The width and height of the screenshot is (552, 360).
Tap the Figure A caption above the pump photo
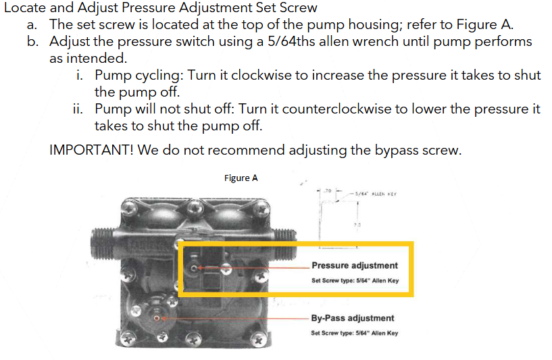tap(241, 178)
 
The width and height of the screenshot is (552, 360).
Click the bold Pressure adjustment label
tap(355, 265)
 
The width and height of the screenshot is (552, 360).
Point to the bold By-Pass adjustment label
tap(353, 318)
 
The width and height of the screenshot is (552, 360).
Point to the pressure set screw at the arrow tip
tap(194, 268)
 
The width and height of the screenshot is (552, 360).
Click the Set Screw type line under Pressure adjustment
tap(355, 280)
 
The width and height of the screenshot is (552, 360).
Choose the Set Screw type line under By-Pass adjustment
tap(354, 332)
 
